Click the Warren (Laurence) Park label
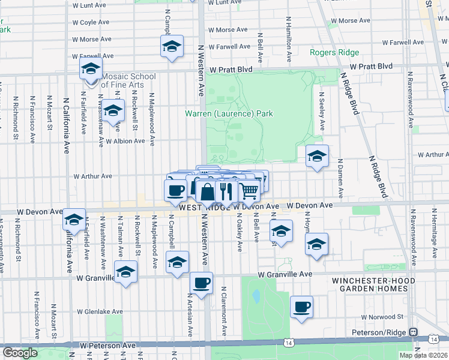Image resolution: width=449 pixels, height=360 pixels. [x=229, y=113]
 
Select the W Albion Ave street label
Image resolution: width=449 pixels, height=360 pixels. [x=125, y=141]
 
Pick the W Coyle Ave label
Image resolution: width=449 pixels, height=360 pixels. [x=89, y=22]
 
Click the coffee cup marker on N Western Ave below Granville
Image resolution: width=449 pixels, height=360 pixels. [x=201, y=282]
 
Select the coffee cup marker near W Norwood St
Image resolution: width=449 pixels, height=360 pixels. [x=301, y=307]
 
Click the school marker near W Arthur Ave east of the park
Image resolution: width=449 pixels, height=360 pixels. [x=317, y=156]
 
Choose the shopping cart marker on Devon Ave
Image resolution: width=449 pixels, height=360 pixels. [x=250, y=191]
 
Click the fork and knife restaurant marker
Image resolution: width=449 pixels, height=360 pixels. [x=226, y=191]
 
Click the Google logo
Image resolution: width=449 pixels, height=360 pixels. [x=20, y=353]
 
